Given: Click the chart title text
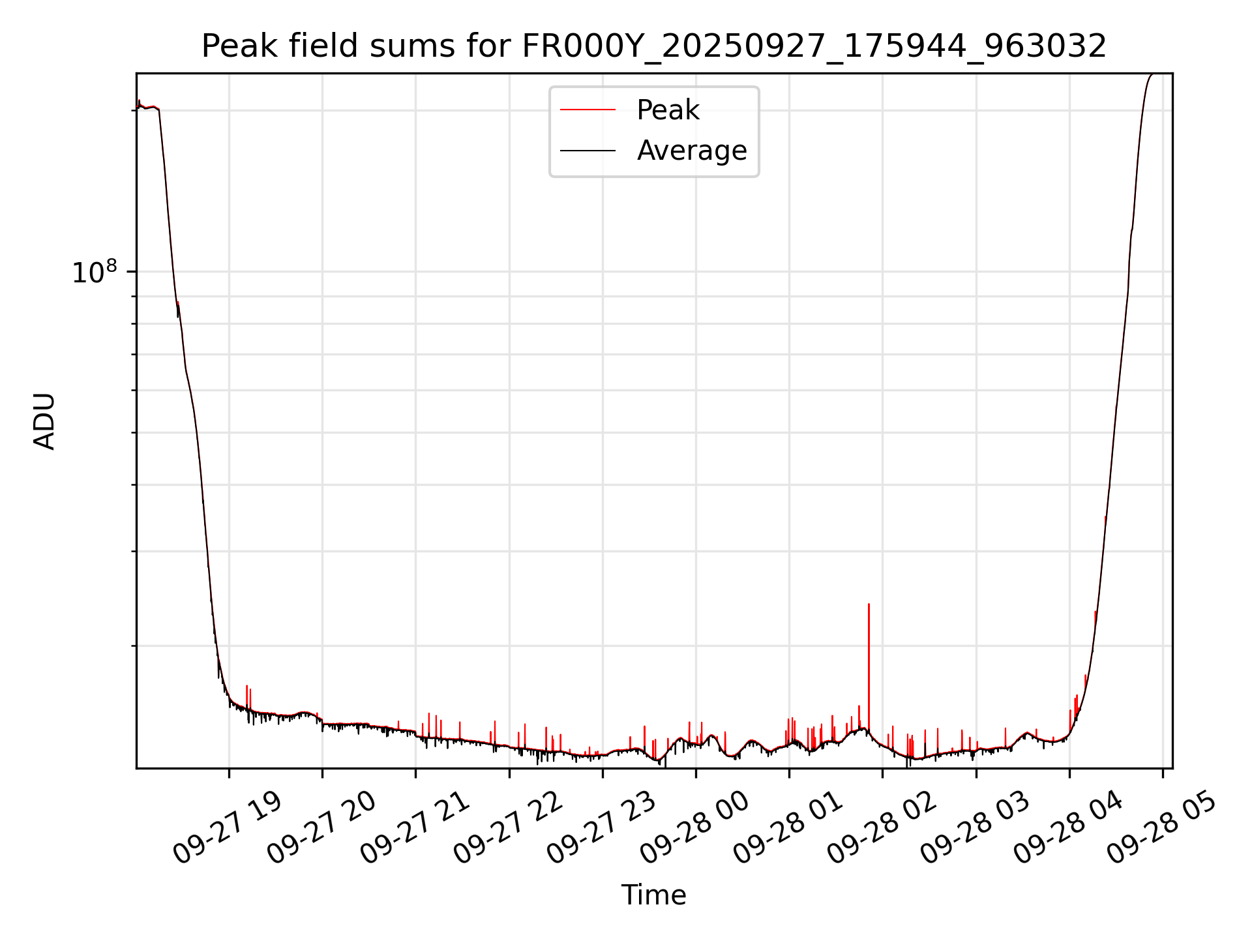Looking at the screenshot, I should coord(653,46).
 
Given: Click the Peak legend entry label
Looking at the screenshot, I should coord(668,110).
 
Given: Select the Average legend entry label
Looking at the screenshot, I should coord(691,151).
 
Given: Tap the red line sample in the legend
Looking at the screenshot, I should coord(588,110).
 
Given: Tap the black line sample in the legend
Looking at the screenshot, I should coord(588,151).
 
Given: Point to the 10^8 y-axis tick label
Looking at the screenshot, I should coord(94,273).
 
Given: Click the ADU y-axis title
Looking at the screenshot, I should coord(44,421).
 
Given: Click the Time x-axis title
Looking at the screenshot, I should coord(653,895).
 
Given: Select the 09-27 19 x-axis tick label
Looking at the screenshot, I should coord(228,828).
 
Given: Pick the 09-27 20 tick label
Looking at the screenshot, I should coord(321,828).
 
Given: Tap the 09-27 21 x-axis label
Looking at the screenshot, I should coord(415,828).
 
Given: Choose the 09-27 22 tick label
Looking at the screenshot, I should coord(508,828).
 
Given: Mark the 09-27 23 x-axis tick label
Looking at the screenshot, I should coord(601,828).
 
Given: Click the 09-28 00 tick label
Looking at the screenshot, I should coord(694,828).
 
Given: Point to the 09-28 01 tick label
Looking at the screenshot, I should coord(788,828).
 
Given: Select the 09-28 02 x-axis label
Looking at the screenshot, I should coord(882,828).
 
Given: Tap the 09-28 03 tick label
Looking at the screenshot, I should coord(975,828).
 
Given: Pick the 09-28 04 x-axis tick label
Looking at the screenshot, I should coord(1068,828).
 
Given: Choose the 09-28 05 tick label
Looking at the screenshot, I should coord(1161,828).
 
